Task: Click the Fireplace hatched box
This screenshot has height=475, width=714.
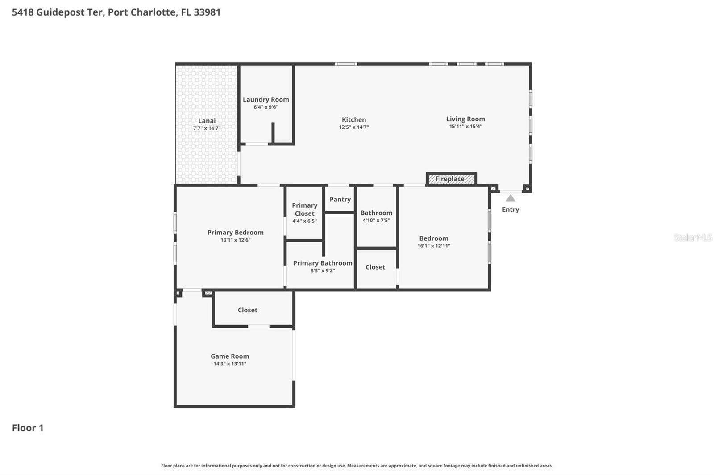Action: [x=451, y=179]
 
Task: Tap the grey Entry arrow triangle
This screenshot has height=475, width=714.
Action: [x=511, y=198]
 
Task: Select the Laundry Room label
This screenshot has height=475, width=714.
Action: [x=266, y=100]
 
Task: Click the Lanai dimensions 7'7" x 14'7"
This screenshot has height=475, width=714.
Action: [x=207, y=128]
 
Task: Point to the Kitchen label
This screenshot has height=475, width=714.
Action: [x=354, y=119]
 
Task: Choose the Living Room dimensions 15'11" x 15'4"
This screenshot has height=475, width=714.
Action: [x=465, y=127]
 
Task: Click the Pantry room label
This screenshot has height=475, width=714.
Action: [x=340, y=200]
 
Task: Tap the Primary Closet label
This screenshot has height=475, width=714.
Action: [x=304, y=209]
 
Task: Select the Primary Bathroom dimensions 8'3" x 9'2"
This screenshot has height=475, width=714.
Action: [x=323, y=270]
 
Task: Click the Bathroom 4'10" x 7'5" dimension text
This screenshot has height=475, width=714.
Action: [x=376, y=221]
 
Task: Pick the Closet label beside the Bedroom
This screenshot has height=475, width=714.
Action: [x=375, y=267]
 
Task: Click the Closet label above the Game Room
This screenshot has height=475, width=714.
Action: [x=248, y=310]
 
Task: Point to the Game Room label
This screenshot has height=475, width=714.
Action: [x=230, y=356]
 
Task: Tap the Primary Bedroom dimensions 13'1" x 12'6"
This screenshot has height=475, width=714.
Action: [x=235, y=240]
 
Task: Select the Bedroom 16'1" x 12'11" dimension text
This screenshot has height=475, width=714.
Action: [x=434, y=246]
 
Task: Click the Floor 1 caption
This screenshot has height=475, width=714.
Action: [x=28, y=428]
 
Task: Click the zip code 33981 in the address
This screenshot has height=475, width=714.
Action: [x=207, y=12]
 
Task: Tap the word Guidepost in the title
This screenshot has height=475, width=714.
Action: [x=60, y=12]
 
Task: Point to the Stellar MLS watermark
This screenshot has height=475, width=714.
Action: [x=693, y=237]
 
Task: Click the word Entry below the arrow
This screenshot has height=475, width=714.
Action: [x=511, y=209]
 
